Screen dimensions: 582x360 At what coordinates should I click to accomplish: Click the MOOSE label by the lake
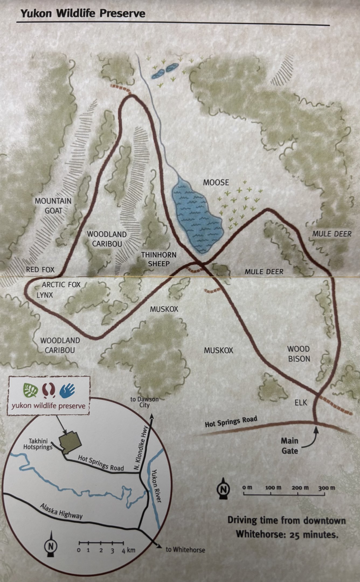(216, 183)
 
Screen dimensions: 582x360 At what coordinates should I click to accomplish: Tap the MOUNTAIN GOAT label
(53, 206)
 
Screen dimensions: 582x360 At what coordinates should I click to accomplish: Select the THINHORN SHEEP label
(159, 259)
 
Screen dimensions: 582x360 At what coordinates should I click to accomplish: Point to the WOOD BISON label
(299, 354)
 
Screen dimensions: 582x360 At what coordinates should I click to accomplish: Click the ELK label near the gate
(301, 403)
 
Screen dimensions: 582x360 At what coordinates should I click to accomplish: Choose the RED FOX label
(40, 269)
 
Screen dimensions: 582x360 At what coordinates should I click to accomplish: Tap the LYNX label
(45, 295)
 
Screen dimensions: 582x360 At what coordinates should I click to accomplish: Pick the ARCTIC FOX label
(61, 285)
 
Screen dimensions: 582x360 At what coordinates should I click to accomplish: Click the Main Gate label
(290, 446)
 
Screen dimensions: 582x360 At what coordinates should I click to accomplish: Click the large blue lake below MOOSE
(197, 216)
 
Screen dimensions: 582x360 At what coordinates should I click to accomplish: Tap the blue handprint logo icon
(67, 390)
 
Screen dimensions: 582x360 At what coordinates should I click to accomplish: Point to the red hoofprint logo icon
(49, 390)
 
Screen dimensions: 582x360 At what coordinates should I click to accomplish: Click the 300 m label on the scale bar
(326, 488)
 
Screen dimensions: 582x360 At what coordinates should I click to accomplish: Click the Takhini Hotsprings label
(37, 444)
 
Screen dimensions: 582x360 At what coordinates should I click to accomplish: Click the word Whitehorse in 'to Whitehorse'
(189, 550)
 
